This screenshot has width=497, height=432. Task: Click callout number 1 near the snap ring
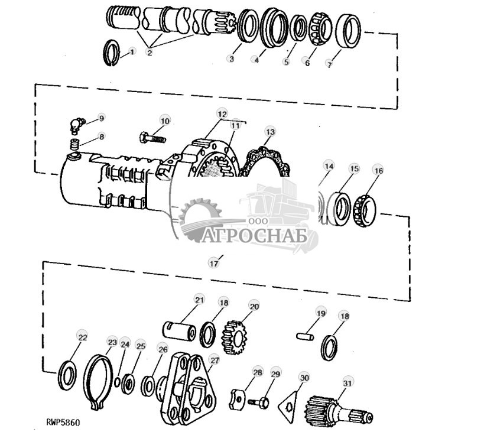132,52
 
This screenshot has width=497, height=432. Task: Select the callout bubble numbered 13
270,131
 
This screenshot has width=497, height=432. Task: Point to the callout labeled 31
347,383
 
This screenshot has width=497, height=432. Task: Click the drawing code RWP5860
63,423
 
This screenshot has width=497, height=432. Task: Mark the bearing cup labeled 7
349,33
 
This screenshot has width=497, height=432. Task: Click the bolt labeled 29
258,401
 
